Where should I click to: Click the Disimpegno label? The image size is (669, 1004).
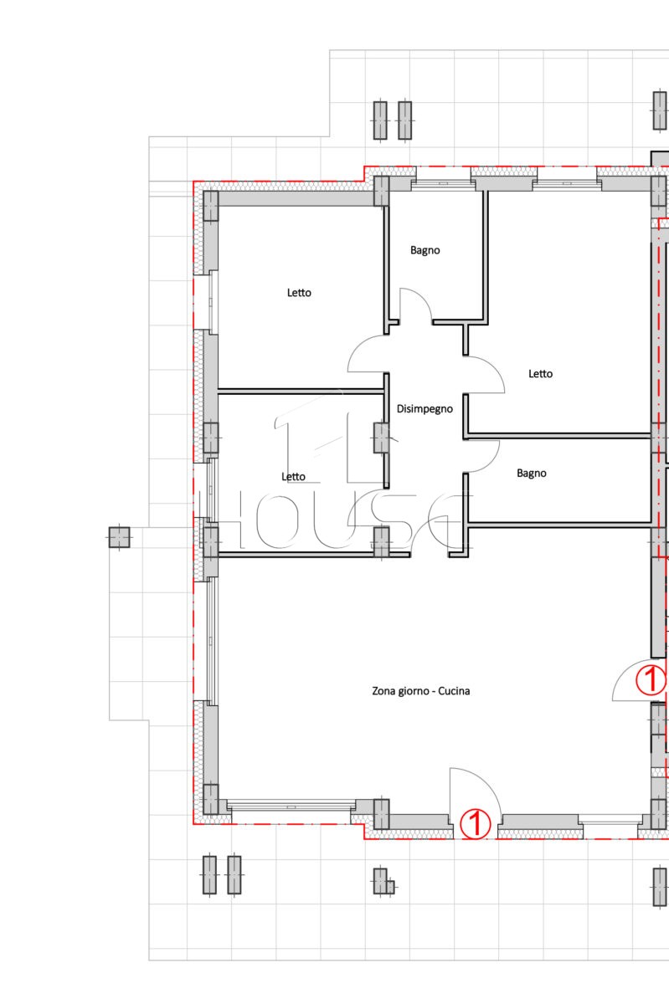tap(425, 409)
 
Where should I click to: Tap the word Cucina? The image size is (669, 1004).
tap(454, 691)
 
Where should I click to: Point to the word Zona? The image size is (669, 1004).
tap(383, 691)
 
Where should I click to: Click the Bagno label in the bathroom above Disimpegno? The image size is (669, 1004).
tap(425, 250)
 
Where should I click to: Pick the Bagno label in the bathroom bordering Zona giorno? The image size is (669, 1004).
tap(531, 474)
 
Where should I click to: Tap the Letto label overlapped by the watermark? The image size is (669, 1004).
tap(293, 476)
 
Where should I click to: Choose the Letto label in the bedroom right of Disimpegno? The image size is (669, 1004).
tap(540, 373)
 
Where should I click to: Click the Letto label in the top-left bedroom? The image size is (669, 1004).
tap(299, 293)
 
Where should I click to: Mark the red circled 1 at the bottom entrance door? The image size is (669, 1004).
tap(476, 823)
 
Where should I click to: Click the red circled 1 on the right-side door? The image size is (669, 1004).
tap(651, 679)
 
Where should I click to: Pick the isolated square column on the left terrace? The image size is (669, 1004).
tap(120, 537)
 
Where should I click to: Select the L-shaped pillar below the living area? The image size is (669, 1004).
tap(383, 881)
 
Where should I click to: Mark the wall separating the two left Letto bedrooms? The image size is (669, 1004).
tap(301, 392)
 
